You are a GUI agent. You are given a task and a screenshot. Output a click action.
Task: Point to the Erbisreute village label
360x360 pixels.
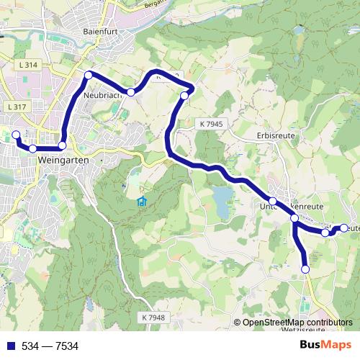tap(276, 135)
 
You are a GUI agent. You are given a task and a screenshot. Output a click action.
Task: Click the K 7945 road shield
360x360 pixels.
tap(210, 124)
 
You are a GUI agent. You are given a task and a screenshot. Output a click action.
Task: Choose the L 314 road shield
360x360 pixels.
tap(28, 65)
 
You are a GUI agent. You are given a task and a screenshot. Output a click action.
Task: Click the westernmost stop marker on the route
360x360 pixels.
tap(16, 134)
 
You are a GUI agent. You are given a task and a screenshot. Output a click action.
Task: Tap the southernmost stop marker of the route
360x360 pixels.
tap(305, 269)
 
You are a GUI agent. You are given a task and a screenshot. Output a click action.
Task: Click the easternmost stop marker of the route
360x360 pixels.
tap(344, 228)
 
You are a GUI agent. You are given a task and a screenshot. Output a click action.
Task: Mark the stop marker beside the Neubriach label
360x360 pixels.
tap(89, 76)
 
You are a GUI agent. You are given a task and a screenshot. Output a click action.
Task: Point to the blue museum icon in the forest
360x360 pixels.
tap(141, 201)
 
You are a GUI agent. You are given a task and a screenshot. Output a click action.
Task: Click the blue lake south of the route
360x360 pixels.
tap(221, 197)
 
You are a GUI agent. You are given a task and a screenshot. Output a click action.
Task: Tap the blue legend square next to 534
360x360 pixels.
tap(9, 346)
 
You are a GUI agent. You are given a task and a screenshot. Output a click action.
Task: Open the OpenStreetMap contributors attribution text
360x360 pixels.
tap(297, 323)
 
